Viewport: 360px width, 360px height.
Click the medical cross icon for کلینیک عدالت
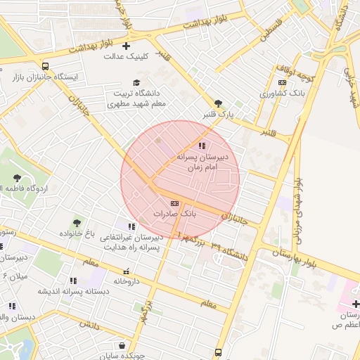tap(127, 46)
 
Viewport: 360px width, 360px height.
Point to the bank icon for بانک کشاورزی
tap(283, 83)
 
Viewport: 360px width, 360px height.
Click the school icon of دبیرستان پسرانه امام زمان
tap(202, 146)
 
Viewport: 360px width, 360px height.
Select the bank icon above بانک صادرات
tap(175, 203)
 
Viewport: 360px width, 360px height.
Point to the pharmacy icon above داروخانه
tap(126, 271)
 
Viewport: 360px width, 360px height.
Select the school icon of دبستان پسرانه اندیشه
tap(73, 281)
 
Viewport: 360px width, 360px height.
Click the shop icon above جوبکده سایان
tap(123, 346)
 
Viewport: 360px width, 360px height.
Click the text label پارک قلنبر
tap(219, 113)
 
